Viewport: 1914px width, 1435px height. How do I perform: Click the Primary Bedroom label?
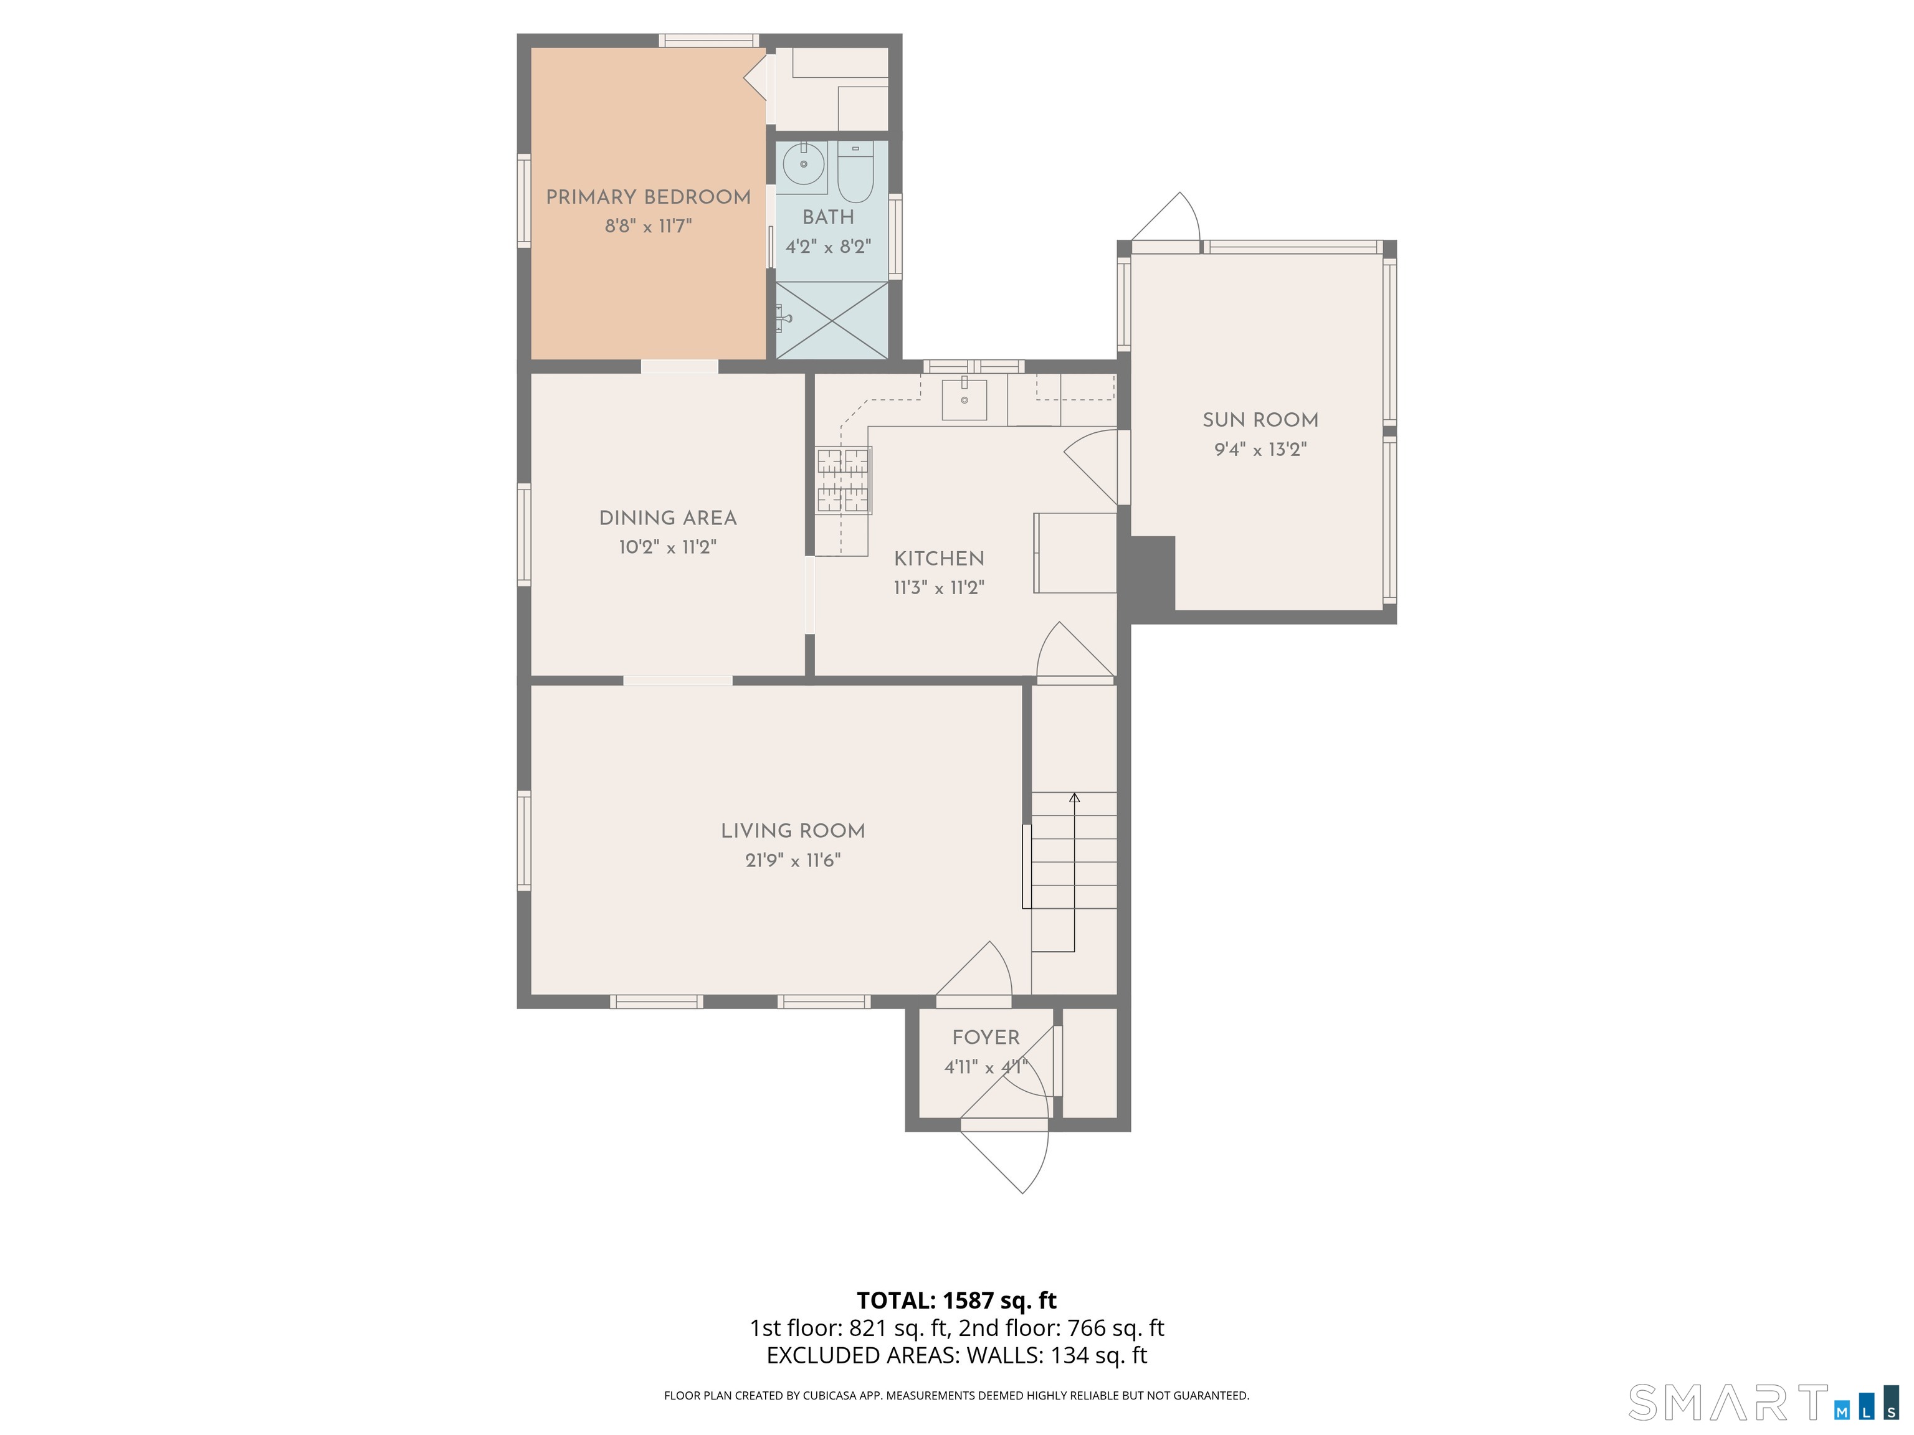(x=648, y=197)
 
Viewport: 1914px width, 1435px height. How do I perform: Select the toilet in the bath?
(x=856, y=171)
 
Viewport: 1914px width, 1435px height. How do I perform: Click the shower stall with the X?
(x=832, y=320)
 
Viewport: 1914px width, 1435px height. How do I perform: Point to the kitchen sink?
(x=964, y=400)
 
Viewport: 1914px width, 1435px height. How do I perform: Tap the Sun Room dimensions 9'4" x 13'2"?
(x=1260, y=450)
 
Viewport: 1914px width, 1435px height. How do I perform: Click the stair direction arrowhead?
(x=1075, y=797)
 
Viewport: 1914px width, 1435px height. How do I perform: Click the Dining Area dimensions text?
(x=667, y=547)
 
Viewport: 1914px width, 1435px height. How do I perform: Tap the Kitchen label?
(x=939, y=559)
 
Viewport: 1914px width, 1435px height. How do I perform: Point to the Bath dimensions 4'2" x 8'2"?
(x=828, y=247)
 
